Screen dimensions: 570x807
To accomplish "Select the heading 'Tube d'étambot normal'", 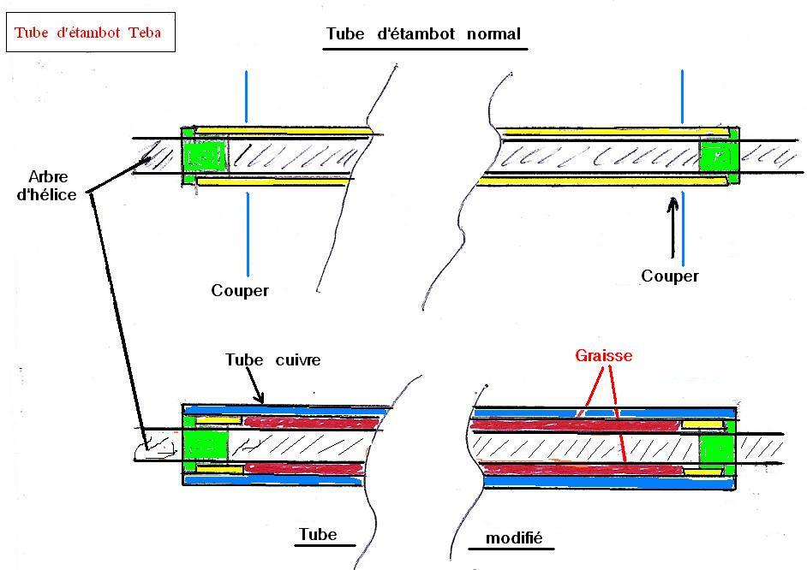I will [x=424, y=35].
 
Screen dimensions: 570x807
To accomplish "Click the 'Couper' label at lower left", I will [x=240, y=291].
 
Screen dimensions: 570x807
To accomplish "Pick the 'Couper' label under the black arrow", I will [x=670, y=276].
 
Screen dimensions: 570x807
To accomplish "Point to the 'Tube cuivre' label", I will [x=272, y=360].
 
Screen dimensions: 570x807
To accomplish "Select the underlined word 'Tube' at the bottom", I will [x=317, y=536].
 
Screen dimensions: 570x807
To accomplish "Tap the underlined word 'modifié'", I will [x=514, y=539].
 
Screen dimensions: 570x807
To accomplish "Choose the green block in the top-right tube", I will [x=718, y=157].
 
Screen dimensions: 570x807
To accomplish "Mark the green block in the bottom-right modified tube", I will [x=717, y=448].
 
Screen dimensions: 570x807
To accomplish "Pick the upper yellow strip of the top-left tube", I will [x=291, y=134].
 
